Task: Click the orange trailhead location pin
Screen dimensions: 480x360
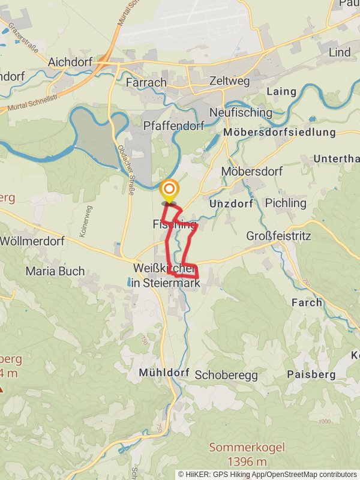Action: (169, 190)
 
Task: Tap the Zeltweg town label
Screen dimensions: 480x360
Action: (229, 81)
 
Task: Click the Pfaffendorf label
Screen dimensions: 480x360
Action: (174, 125)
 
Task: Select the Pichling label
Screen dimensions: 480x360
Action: (286, 203)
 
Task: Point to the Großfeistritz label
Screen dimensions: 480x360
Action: (278, 236)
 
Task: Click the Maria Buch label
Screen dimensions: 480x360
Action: (55, 271)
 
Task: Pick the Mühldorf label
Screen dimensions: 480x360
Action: (164, 373)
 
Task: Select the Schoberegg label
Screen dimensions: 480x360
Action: (226, 374)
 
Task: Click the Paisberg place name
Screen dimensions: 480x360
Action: (310, 374)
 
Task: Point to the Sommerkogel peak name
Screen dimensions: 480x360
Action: (247, 447)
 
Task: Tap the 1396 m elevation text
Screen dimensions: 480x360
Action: (247, 461)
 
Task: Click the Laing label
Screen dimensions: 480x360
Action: (281, 92)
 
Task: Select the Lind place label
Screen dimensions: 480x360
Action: (340, 53)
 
